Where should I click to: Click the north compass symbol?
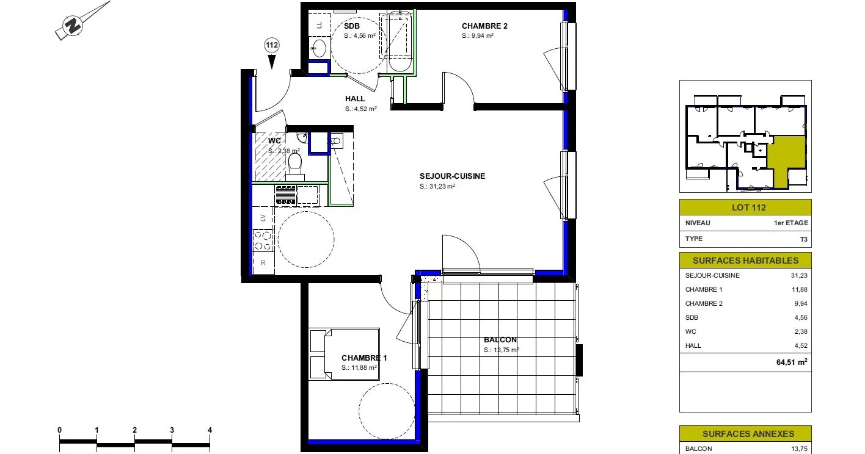73,26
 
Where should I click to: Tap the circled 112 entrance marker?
271,45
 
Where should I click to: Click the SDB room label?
351,26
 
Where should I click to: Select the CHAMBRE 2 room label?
484,26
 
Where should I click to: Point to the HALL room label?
355,99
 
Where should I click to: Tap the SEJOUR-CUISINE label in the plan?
452,176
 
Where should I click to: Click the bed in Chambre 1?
344,354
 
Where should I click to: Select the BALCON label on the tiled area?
500,340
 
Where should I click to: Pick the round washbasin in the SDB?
319,48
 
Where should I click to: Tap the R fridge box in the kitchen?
263,262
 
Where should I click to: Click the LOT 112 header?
749,207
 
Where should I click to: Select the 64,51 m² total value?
792,362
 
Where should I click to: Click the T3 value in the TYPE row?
803,239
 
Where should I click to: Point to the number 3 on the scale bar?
172,430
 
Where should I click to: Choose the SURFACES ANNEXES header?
748,434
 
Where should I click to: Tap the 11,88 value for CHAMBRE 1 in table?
800,289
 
